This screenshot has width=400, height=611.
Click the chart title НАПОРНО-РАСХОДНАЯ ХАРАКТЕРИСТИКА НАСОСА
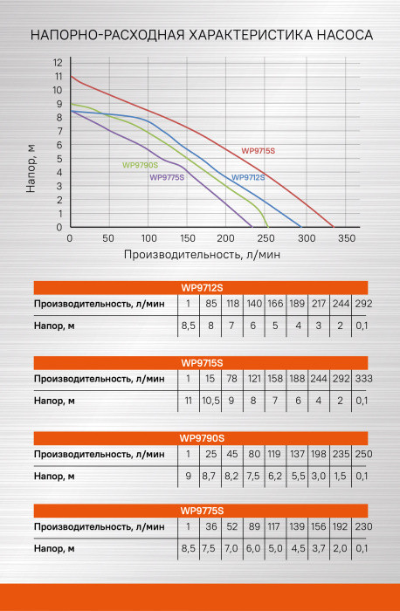point(200,36)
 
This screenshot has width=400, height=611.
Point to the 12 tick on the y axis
point(58,63)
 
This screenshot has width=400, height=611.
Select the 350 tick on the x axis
point(346,238)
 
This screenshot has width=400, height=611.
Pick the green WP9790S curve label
point(140,164)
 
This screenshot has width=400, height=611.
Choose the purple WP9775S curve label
point(166,177)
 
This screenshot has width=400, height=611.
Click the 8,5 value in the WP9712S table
point(187,326)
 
